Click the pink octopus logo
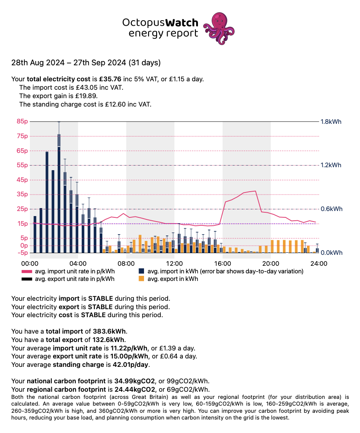click(x=219, y=28)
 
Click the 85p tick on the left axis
click(x=22, y=122)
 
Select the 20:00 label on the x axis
click(x=270, y=263)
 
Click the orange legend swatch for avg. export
click(x=142, y=279)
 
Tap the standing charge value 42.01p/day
click(x=128, y=364)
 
